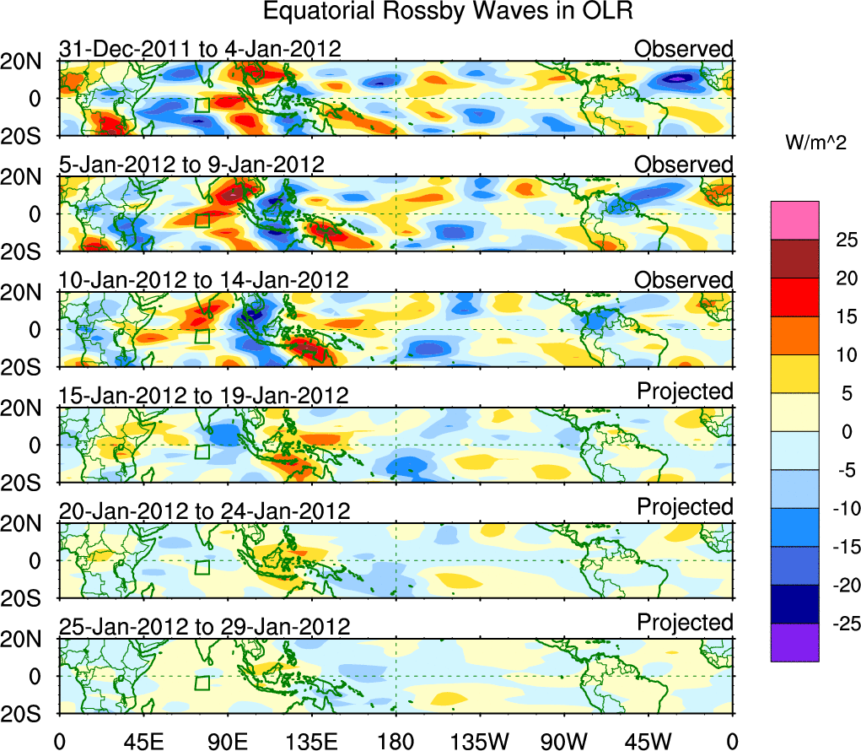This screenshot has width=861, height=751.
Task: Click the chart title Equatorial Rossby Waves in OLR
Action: [x=448, y=12]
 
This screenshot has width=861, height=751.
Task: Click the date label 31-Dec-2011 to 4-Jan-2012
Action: [x=200, y=49]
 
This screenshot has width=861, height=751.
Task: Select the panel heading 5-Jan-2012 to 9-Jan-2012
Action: [x=191, y=164]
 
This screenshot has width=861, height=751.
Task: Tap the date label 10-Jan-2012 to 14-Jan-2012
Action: [x=203, y=279]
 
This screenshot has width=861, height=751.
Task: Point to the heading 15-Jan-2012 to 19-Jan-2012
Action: [x=203, y=395]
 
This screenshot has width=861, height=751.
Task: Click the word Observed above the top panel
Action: [x=684, y=49]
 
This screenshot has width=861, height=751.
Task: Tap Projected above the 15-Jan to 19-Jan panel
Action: [x=685, y=392]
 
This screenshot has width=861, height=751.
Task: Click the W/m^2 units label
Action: [x=816, y=143]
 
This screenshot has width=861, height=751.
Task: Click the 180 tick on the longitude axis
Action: [x=396, y=742]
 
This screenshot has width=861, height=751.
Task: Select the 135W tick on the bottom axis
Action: [x=480, y=742]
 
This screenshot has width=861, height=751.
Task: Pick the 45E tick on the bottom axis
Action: [x=143, y=742]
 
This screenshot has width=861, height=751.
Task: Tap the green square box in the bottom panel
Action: [x=202, y=683]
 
